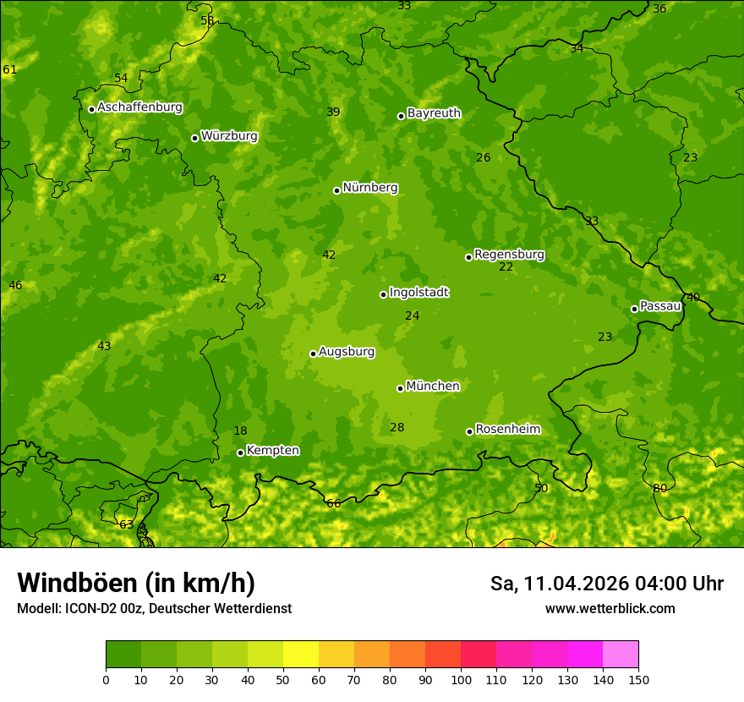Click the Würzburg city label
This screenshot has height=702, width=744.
point(229,136)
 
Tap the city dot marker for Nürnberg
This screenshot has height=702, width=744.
point(336,190)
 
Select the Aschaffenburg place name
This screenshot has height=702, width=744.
point(139,107)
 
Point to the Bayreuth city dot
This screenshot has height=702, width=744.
point(401,116)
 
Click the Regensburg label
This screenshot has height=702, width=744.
point(509,255)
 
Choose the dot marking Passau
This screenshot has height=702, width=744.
point(634,309)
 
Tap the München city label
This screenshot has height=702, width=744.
point(433,387)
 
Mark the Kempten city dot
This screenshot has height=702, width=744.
point(240,452)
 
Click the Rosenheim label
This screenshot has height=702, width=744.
point(507,430)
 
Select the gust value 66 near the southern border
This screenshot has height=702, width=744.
point(334,504)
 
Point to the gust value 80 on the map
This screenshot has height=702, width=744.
point(660,489)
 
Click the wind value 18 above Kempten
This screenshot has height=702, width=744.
point(240,431)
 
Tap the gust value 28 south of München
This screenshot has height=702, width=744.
point(397,428)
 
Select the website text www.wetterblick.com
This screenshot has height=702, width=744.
point(610,609)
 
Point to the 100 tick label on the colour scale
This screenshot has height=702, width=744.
point(461,679)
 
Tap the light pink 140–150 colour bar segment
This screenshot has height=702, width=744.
point(621,655)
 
